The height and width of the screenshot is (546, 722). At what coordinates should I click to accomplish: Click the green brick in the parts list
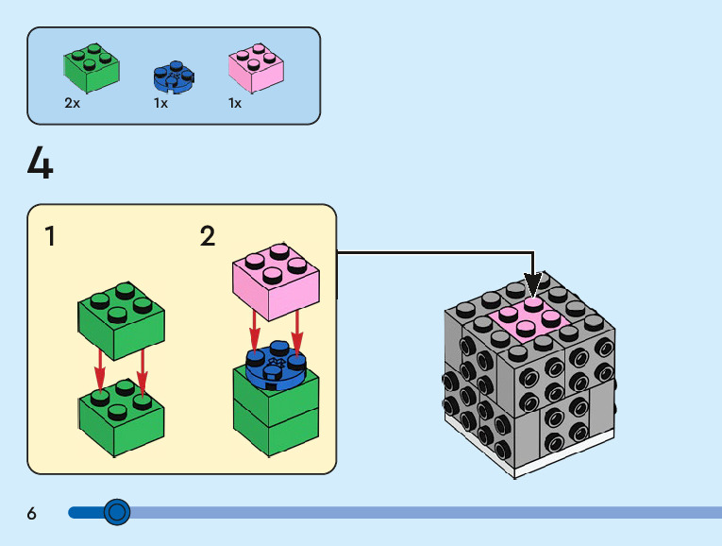click(x=92, y=65)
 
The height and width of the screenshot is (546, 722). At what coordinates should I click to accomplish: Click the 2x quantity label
click(x=73, y=103)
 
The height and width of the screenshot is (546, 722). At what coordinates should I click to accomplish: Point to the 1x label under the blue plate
click(x=160, y=103)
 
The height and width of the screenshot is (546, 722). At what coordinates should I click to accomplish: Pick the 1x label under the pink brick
click(x=235, y=103)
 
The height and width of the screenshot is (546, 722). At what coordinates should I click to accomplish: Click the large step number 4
click(x=41, y=164)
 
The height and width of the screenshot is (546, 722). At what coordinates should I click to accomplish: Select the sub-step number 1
click(x=50, y=236)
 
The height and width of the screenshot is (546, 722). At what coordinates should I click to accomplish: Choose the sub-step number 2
click(x=208, y=236)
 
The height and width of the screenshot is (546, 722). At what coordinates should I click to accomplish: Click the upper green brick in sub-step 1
click(x=121, y=317)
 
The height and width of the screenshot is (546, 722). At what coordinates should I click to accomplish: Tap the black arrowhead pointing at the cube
click(x=533, y=283)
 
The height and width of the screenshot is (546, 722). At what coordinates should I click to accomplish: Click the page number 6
click(x=32, y=514)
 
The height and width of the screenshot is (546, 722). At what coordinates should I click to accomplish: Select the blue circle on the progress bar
click(x=117, y=512)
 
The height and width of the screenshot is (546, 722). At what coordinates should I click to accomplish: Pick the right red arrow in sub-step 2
click(x=297, y=333)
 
